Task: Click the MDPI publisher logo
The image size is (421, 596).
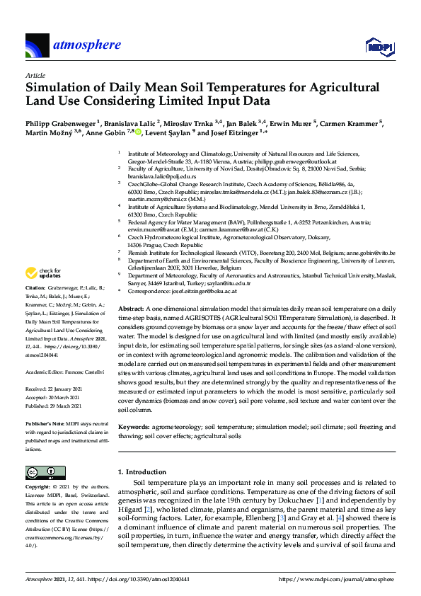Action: [379, 47]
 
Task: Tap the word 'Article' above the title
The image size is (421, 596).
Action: [35, 74]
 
